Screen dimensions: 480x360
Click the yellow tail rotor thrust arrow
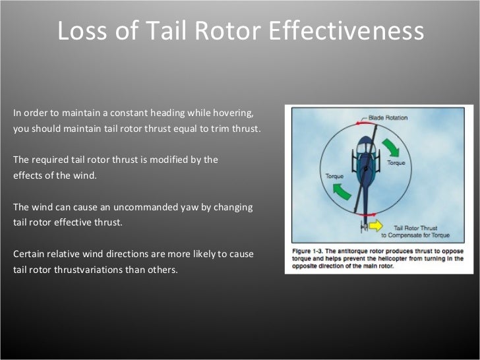point(375,225)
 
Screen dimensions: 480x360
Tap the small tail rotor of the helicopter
point(363,227)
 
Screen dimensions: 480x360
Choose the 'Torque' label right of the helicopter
point(396,162)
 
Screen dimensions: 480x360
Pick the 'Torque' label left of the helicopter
point(335,177)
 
